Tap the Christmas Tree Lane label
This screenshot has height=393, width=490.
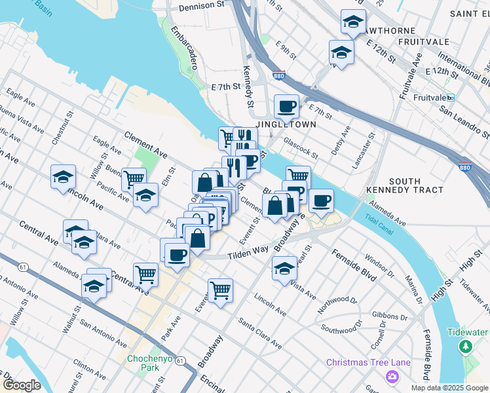point(368,362)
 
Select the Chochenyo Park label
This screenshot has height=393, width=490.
point(145,363)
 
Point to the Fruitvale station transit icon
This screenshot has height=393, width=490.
point(451,98)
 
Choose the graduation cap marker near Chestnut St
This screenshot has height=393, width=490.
point(63,176)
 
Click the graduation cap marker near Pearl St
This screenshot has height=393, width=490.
point(284,268)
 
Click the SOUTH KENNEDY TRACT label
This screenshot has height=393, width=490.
point(416,185)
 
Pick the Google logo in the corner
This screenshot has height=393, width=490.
point(22,384)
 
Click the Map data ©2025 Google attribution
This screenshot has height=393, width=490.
point(449,388)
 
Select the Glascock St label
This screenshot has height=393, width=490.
point(301,147)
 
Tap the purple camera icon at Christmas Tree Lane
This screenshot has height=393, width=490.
point(392,376)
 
